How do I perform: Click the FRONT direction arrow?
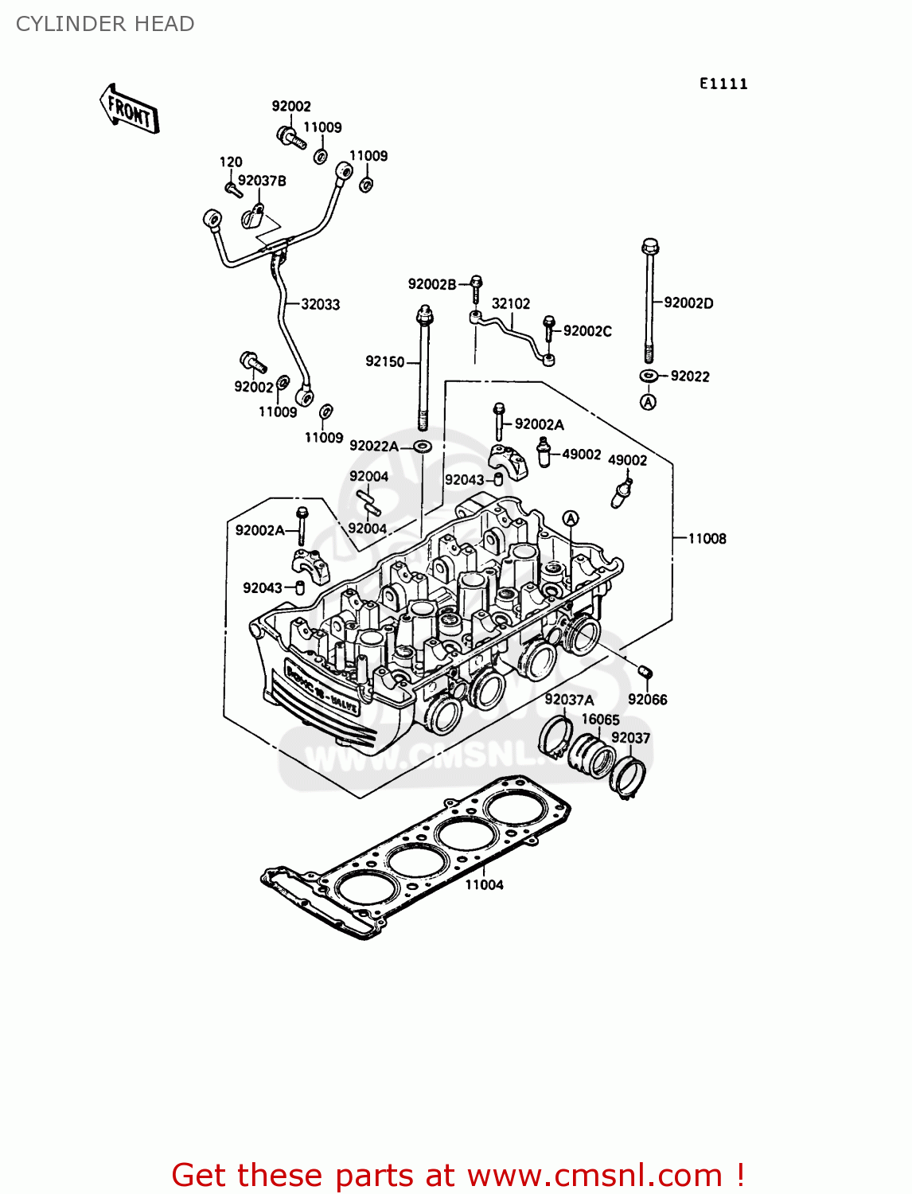[x=130, y=109]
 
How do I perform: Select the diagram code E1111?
[x=723, y=84]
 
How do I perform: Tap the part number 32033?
[x=321, y=304]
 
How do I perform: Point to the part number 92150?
[x=385, y=361]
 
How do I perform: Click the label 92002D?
[x=688, y=302]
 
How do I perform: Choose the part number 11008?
[x=707, y=538]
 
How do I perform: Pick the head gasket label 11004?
[x=484, y=884]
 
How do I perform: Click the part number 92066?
[x=647, y=699]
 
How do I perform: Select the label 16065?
[x=600, y=719]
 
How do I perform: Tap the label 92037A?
[x=569, y=700]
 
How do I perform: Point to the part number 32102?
[x=511, y=303]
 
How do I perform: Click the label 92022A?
[x=374, y=446]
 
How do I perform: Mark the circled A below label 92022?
[x=649, y=402]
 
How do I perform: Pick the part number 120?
[x=231, y=162]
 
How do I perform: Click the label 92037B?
[x=262, y=181]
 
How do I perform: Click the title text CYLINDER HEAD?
[x=105, y=24]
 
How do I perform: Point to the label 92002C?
[x=587, y=331]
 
